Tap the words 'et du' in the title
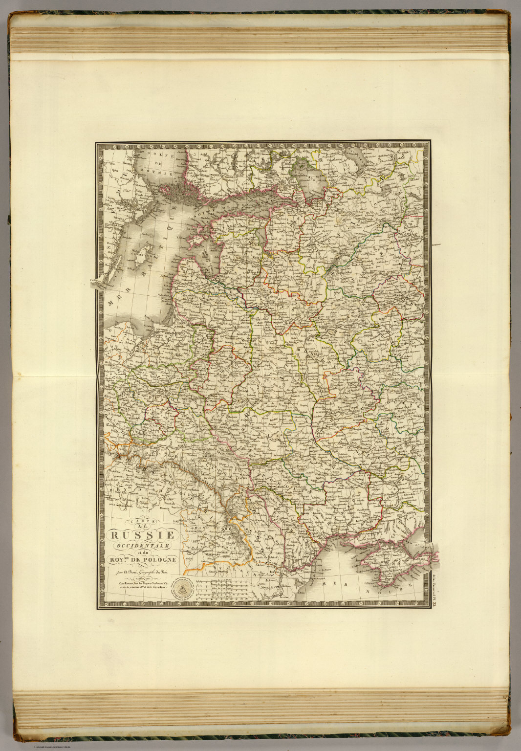[x=141, y=552]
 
